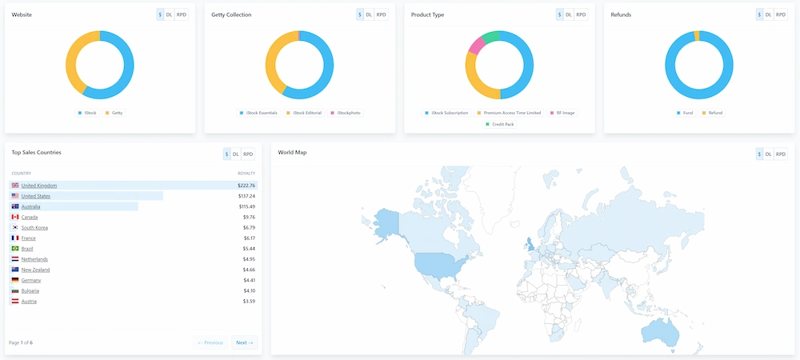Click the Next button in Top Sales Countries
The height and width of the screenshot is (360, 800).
click(244, 342)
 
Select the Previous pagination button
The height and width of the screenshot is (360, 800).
click(210, 342)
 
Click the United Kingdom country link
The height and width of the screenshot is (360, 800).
click(39, 186)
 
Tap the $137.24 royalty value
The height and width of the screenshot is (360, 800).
click(246, 196)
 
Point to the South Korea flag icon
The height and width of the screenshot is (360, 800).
click(15, 227)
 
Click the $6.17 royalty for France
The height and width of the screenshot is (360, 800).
click(248, 238)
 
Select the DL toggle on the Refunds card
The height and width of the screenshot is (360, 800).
click(769, 14)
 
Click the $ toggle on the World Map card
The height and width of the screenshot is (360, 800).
click(759, 154)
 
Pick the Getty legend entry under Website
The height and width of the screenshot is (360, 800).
click(114, 113)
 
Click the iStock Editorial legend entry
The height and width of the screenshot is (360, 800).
click(304, 113)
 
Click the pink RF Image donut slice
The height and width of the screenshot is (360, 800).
click(475, 46)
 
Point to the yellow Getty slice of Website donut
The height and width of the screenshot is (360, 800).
click(72, 64)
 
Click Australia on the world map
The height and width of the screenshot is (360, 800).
click(661, 330)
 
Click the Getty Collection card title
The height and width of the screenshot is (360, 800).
click(231, 14)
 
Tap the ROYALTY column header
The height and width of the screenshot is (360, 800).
click(246, 174)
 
